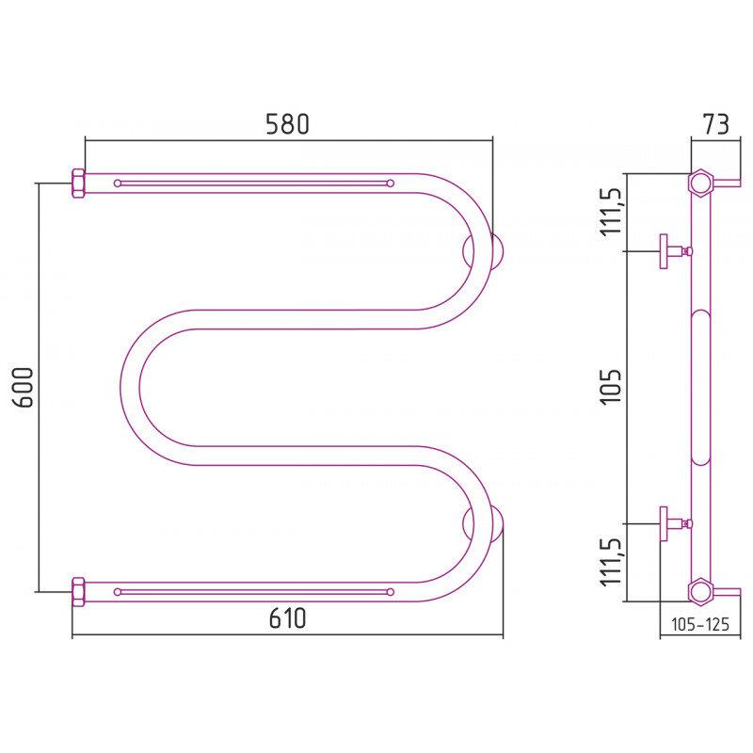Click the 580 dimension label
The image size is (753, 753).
click(x=287, y=124)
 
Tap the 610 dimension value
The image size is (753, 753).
click(x=287, y=618)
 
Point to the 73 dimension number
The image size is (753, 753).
click(x=715, y=124)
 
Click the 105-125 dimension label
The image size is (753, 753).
click(x=699, y=624)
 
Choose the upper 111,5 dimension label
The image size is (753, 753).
click(x=612, y=210)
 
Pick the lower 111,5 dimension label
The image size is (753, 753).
click(x=612, y=560)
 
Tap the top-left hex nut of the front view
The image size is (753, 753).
click(x=78, y=183)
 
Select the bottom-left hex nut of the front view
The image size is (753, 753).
click(x=78, y=592)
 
